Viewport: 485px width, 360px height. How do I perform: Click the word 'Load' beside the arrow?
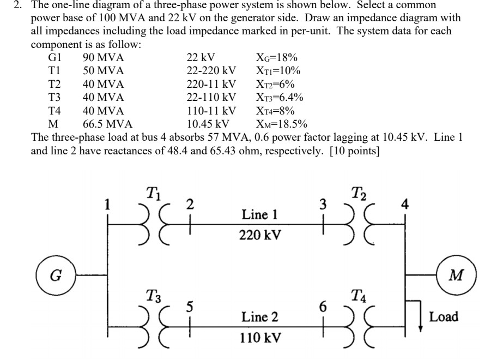444,316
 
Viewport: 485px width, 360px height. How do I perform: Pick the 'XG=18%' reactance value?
276,58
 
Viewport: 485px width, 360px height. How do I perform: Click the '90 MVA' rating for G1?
103,58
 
